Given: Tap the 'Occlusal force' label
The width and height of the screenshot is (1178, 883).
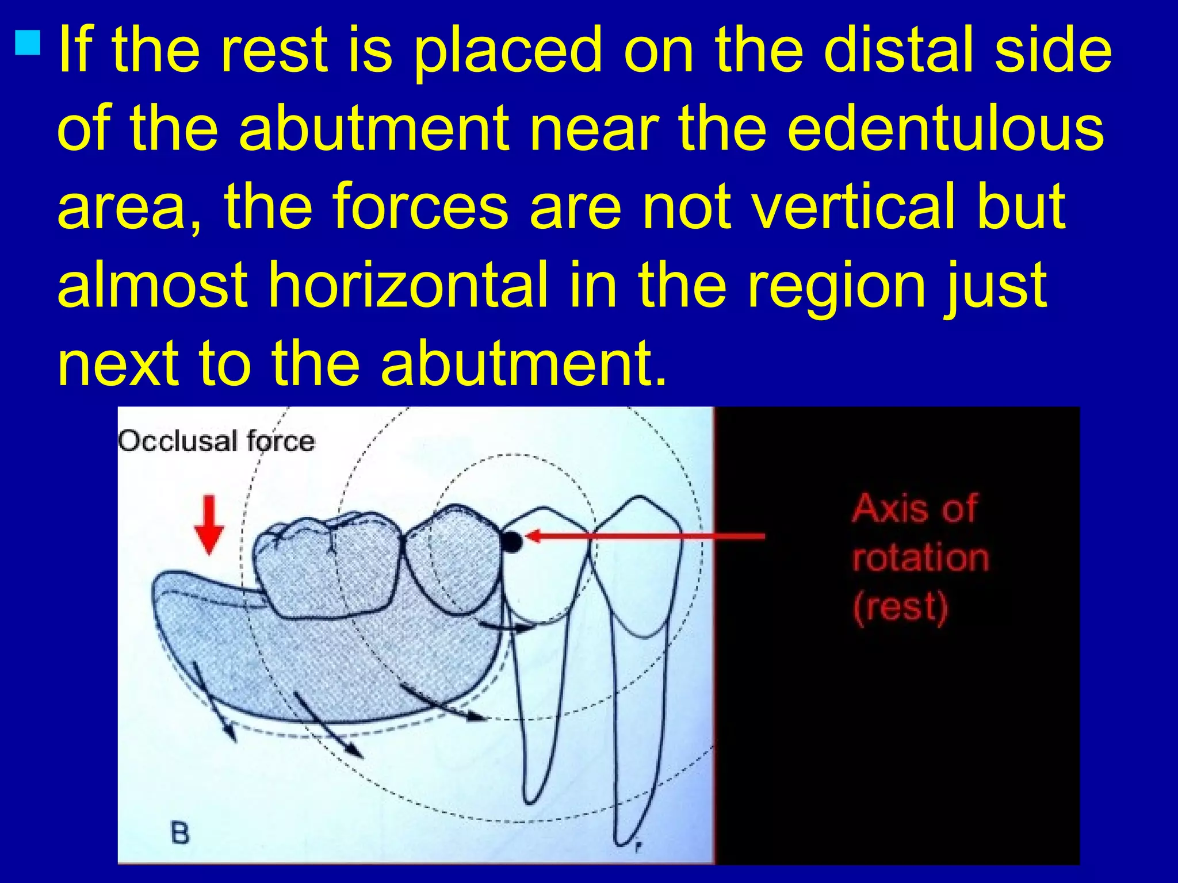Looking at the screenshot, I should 216,441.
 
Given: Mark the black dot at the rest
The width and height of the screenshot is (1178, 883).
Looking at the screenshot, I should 511,541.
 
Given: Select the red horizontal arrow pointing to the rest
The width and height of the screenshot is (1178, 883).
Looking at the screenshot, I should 644,536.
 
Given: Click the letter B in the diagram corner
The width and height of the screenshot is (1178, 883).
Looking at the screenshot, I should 180,834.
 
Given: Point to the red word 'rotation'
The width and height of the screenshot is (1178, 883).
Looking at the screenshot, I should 920,558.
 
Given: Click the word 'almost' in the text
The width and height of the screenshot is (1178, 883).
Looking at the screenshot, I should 152,284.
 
